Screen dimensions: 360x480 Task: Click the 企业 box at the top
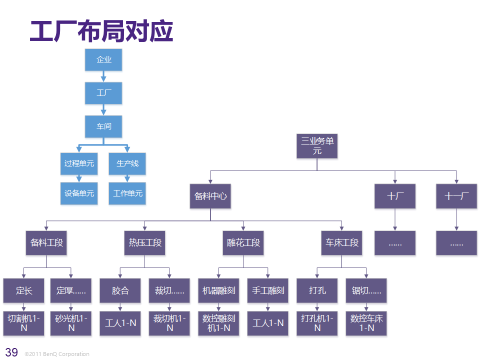pos(103,59)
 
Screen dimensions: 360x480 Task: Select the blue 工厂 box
pos(103,93)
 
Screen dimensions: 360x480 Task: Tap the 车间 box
pos(103,126)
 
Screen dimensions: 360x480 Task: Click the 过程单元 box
pos(79,163)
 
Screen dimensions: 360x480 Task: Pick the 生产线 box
pos(127,163)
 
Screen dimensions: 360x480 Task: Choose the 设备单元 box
pos(79,193)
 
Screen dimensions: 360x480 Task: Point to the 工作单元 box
pos(127,193)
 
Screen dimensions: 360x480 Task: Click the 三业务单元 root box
pos(317,145)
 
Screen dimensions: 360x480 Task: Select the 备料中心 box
pos(210,196)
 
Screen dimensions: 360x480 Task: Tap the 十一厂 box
pos(456,196)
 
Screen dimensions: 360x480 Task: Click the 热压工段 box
pos(145,243)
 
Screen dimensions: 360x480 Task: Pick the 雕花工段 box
pos(243,243)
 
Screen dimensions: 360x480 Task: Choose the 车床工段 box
pos(342,243)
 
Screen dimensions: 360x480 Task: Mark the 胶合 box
pos(120,290)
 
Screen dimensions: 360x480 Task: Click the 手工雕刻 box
pos(268,290)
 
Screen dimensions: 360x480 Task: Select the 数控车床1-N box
pos(366,323)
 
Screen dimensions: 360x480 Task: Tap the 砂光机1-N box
pos(71,323)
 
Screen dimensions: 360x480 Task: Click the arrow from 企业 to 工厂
pos(103,76)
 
